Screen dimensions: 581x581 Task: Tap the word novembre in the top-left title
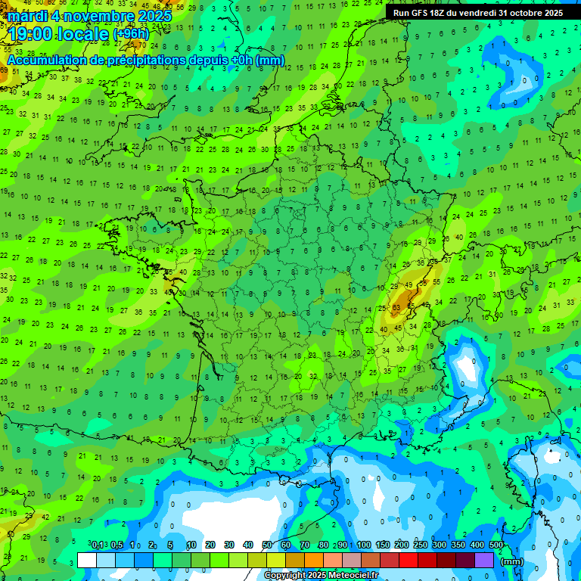point(94,16)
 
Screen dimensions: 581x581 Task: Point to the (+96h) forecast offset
point(130,34)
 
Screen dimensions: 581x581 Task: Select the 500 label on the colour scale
point(496,545)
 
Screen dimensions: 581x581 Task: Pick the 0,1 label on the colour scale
point(98,545)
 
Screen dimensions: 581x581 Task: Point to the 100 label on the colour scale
point(364,545)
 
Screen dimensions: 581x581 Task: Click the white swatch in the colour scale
point(87,560)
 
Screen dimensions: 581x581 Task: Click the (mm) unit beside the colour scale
point(512,561)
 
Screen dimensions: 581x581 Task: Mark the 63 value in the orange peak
point(396,308)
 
